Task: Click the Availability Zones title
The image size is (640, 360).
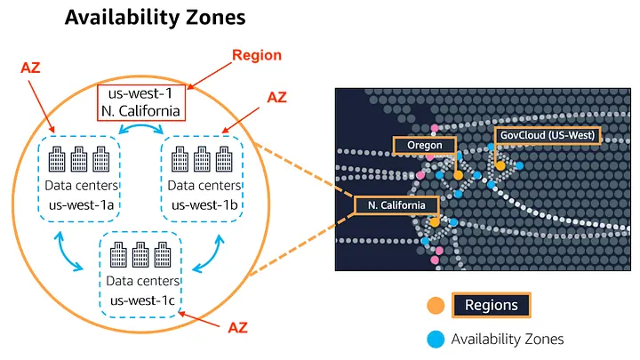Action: point(155,18)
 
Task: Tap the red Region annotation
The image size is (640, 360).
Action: point(257,55)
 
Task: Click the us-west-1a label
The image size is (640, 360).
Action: point(81,205)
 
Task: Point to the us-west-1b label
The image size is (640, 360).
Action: point(204,205)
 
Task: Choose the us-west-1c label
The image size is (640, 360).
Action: point(142,300)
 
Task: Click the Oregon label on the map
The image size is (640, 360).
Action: point(425,145)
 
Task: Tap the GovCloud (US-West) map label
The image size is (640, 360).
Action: point(548,135)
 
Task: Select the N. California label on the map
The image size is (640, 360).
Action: point(396,205)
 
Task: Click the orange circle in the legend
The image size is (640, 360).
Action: point(436,305)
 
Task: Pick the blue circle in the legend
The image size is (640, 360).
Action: point(436,340)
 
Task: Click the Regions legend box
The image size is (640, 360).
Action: point(491,305)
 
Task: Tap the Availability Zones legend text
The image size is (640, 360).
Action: point(508,340)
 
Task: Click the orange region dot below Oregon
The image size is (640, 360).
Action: point(458,175)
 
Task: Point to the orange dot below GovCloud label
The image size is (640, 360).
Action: point(500,165)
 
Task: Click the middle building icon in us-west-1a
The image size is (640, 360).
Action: point(79,159)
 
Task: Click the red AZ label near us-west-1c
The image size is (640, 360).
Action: point(237,327)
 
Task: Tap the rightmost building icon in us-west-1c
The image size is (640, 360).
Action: point(163,255)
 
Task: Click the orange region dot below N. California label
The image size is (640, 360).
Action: point(435,222)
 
